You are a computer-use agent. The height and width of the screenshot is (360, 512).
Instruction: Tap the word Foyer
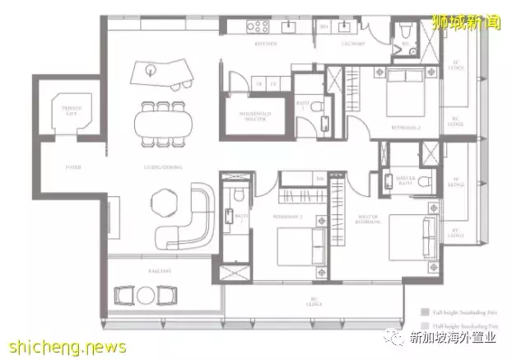point(50,167)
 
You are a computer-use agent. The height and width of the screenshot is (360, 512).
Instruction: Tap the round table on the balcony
point(147,292)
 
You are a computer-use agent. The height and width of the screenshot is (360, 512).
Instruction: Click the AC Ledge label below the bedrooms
point(312,300)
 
